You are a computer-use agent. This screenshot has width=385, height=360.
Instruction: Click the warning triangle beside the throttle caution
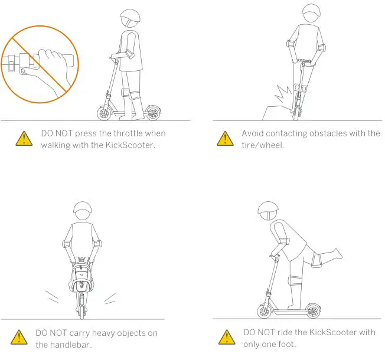click(x=24, y=139)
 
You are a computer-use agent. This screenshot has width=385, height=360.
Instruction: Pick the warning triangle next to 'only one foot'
click(x=225, y=337)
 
